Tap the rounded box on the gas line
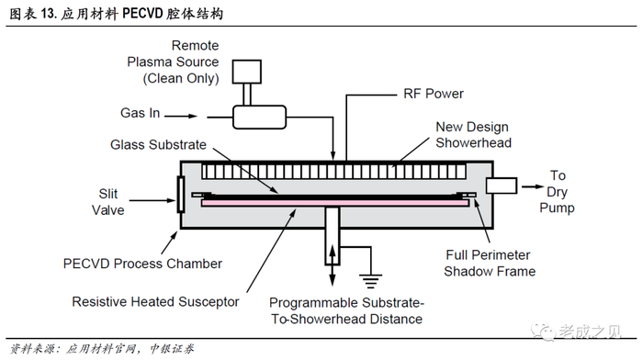(x=260, y=118)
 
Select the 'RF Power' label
(x=434, y=94)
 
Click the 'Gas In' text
(x=141, y=113)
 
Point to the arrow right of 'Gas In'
(x=181, y=116)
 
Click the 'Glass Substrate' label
(x=158, y=145)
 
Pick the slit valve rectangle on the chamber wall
(x=180, y=195)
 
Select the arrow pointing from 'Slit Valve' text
(x=152, y=200)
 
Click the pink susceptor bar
(x=335, y=203)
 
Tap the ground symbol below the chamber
(x=370, y=281)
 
